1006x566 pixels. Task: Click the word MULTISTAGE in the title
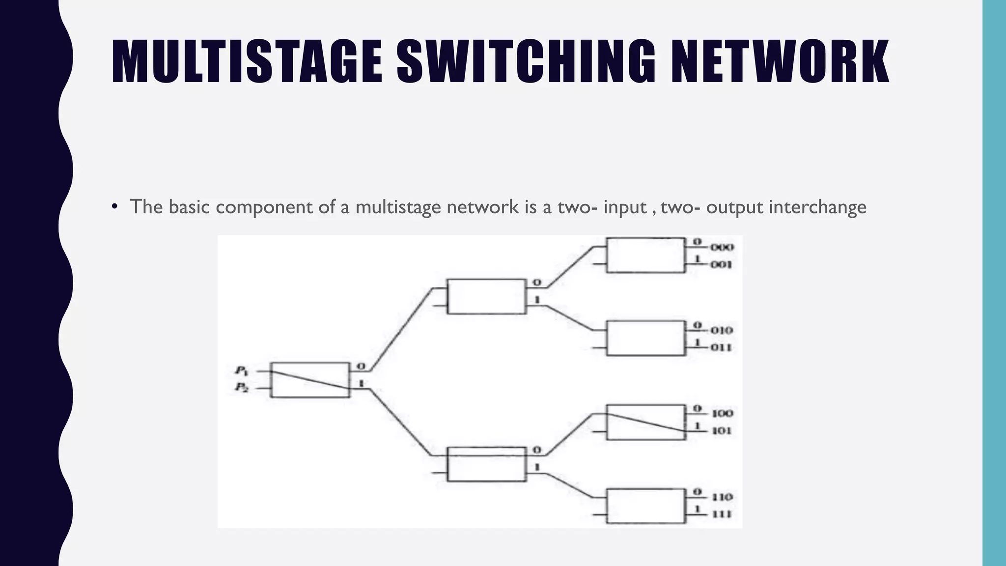pyautogui.click(x=247, y=61)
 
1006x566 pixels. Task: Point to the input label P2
pyautogui.click(x=242, y=388)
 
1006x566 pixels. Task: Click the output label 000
pyautogui.click(x=722, y=247)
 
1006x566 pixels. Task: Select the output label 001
pyautogui.click(x=722, y=265)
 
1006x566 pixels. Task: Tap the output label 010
pyautogui.click(x=722, y=330)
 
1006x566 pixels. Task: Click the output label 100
pyautogui.click(x=722, y=413)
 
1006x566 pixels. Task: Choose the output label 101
pyautogui.click(x=722, y=431)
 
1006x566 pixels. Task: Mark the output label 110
pyautogui.click(x=722, y=497)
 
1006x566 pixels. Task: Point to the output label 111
pyautogui.click(x=722, y=514)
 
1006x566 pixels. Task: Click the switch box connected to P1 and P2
pyautogui.click(x=310, y=380)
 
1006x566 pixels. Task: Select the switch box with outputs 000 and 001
pyautogui.click(x=646, y=255)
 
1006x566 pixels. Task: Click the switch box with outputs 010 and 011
pyautogui.click(x=646, y=338)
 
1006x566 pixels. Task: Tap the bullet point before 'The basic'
pyautogui.click(x=114, y=206)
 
